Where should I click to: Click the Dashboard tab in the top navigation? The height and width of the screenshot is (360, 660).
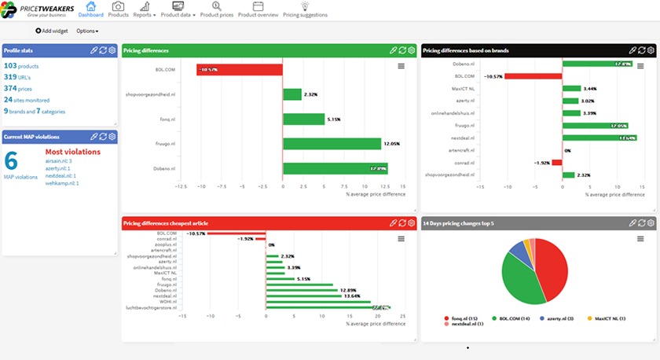[x=91, y=9]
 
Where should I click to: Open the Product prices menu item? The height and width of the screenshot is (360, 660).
[x=216, y=9]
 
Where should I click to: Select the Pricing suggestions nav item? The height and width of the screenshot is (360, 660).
[x=305, y=9]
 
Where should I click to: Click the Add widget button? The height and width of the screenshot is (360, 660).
[x=52, y=31]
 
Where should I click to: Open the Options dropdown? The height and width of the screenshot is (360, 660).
[x=87, y=31]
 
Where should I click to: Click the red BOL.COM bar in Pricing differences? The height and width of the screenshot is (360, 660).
[x=239, y=69]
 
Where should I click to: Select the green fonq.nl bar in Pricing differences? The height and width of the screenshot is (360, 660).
[x=303, y=119]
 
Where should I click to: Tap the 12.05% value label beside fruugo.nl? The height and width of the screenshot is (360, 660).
[x=391, y=144]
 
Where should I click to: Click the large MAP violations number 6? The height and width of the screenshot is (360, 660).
[x=11, y=160]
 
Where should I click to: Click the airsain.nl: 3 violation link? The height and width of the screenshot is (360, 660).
[x=59, y=160]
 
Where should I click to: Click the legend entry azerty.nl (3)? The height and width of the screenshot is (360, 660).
[x=557, y=318]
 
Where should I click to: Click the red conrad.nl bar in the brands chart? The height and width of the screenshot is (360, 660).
[x=556, y=163]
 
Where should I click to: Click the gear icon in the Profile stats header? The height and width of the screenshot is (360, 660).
[x=112, y=50]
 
